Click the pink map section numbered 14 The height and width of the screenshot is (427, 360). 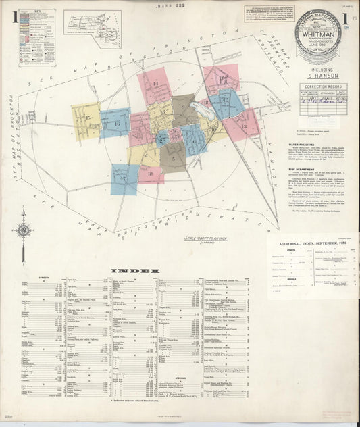[155, 86]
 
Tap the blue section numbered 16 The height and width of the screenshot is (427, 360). [115, 124]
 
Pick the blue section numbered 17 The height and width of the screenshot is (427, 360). [124, 179]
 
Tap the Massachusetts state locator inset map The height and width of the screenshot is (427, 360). [93, 24]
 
